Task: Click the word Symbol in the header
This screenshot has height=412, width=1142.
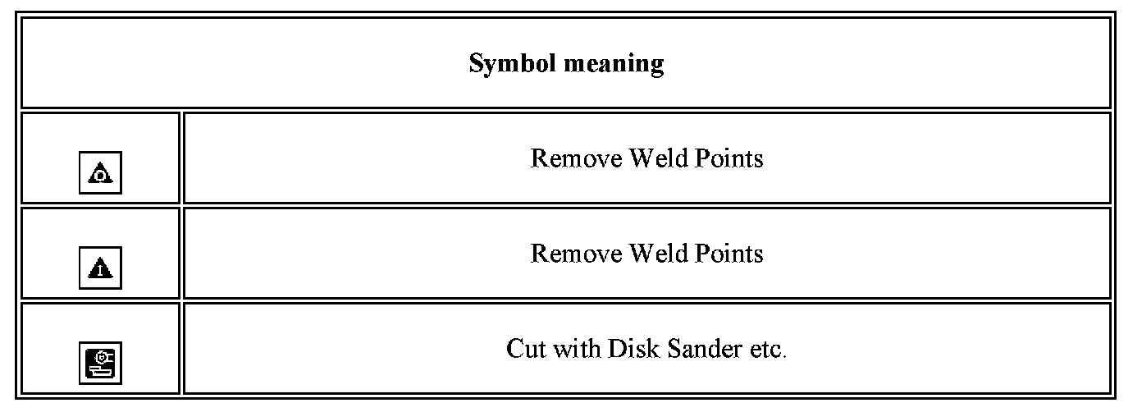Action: (x=508, y=63)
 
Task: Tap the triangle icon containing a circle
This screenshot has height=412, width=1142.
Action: (x=100, y=173)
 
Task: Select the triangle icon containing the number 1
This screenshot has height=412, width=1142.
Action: (x=100, y=268)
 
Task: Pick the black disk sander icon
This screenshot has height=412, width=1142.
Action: (x=100, y=363)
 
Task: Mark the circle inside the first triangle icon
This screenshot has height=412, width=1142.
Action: (x=100, y=175)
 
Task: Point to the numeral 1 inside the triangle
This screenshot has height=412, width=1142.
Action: (x=100, y=270)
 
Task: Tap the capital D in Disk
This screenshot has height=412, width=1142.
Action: (x=615, y=349)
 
